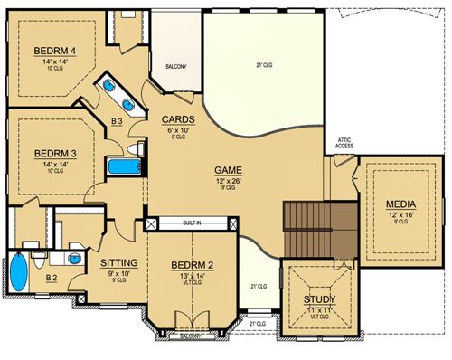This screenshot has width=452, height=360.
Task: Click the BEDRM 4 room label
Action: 53,50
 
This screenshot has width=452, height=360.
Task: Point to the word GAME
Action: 227,170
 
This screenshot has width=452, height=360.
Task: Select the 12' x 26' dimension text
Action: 227,181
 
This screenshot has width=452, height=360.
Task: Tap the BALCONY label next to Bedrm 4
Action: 176,67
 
